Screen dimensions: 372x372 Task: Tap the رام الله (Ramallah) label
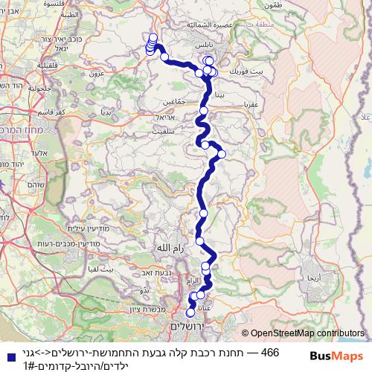tap(164, 247)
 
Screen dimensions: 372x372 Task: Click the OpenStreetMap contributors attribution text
tap(308, 335)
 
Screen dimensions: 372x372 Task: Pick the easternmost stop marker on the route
tap(222, 154)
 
